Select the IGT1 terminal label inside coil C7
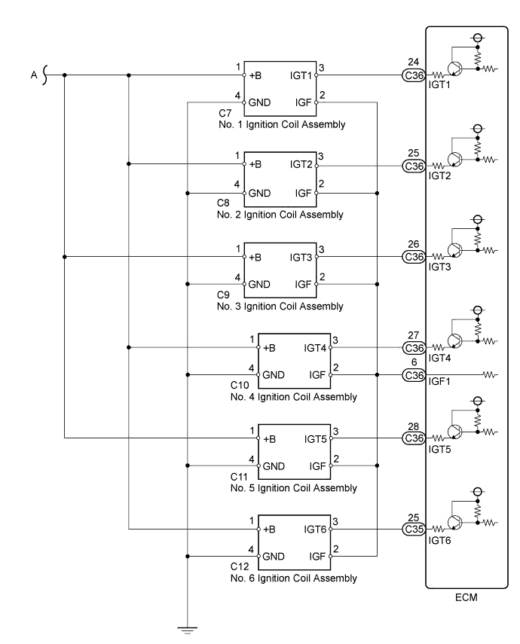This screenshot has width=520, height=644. (x=301, y=75)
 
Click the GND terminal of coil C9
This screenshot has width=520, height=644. (x=259, y=285)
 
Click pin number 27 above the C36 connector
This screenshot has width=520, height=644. (x=414, y=336)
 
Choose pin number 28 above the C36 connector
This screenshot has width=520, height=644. (x=414, y=426)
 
